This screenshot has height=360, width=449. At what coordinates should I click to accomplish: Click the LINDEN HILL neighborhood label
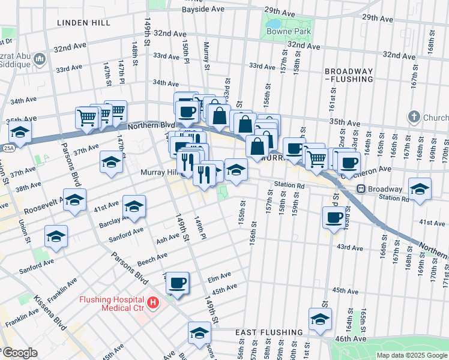click(83, 22)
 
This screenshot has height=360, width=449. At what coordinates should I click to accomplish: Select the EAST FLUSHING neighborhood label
click(269, 332)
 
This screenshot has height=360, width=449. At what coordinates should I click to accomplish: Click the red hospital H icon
click(153, 302)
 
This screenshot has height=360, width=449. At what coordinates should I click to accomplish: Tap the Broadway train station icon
click(362, 188)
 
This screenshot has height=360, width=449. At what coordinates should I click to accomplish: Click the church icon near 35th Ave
click(414, 116)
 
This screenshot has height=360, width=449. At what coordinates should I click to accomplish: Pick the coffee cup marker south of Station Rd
click(334, 218)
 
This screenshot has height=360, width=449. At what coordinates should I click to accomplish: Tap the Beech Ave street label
click(152, 258)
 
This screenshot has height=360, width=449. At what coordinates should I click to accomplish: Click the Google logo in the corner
click(19, 353)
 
